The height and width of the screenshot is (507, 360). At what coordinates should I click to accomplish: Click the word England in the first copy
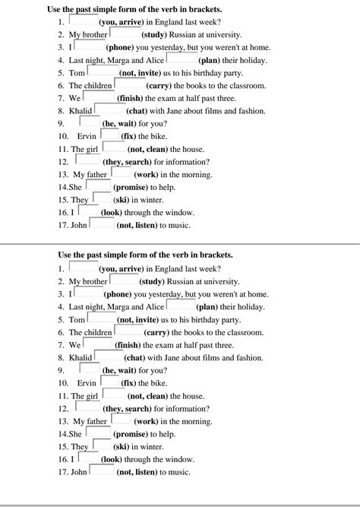click(169, 23)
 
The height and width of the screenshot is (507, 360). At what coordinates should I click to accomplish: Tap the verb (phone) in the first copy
click(118, 47)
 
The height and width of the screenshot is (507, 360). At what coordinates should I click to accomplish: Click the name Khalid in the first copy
click(81, 110)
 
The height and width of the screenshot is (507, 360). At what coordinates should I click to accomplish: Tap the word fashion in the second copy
click(246, 357)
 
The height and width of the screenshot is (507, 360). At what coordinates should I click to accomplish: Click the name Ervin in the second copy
click(87, 383)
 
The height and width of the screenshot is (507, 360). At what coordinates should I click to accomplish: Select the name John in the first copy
click(79, 226)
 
